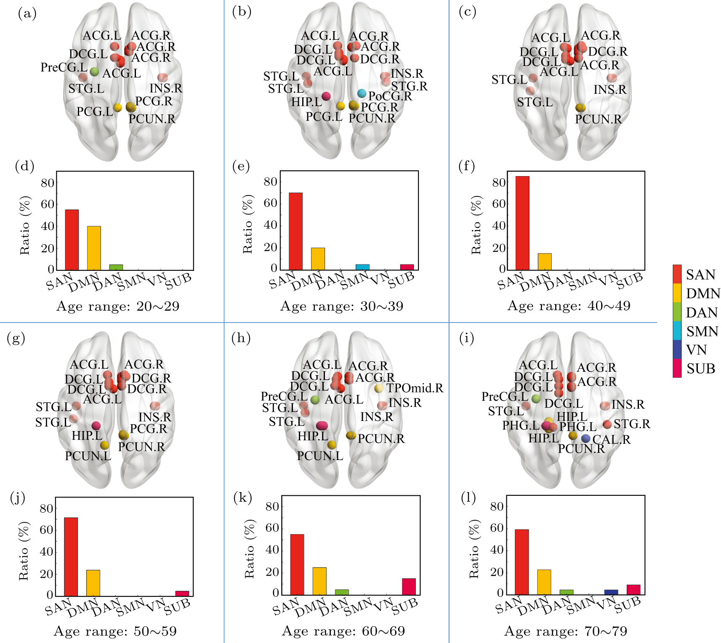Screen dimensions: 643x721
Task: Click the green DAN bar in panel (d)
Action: click(x=116, y=267)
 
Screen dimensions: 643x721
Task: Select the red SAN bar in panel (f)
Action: click(x=522, y=223)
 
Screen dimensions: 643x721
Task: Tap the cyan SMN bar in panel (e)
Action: click(x=362, y=267)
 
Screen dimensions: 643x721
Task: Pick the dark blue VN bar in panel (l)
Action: click(x=611, y=592)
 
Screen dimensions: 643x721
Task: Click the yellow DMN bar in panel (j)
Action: click(x=93, y=583)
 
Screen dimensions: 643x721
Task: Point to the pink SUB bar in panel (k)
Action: click(x=409, y=587)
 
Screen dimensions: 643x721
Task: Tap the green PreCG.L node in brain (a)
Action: click(x=94, y=72)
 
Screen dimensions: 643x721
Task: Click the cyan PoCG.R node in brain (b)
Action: click(x=362, y=93)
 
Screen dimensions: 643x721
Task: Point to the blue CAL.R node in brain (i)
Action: click(x=585, y=439)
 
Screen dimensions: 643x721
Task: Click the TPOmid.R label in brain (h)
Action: click(x=415, y=388)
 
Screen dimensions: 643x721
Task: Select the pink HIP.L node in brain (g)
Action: click(x=96, y=426)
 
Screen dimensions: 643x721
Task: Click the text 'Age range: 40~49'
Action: click(x=569, y=306)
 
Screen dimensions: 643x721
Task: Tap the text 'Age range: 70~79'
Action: click(x=565, y=631)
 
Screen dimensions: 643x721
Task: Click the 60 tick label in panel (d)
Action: click(x=48, y=204)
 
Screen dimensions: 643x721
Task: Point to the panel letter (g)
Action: click(x=16, y=338)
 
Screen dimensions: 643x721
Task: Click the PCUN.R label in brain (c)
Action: click(x=598, y=119)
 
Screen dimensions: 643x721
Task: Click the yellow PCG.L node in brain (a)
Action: click(x=118, y=108)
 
